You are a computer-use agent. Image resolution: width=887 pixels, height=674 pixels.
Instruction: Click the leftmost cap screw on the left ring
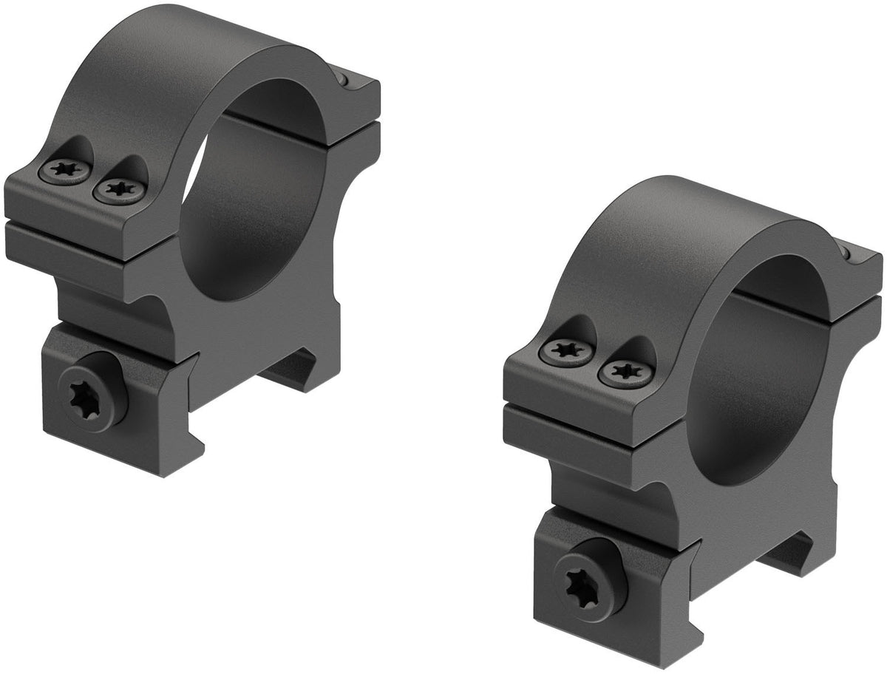tap(64, 172)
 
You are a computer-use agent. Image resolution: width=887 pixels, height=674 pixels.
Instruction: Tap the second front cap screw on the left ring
tap(118, 191)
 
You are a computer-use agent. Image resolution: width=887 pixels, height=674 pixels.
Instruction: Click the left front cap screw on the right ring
tap(566, 352)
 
